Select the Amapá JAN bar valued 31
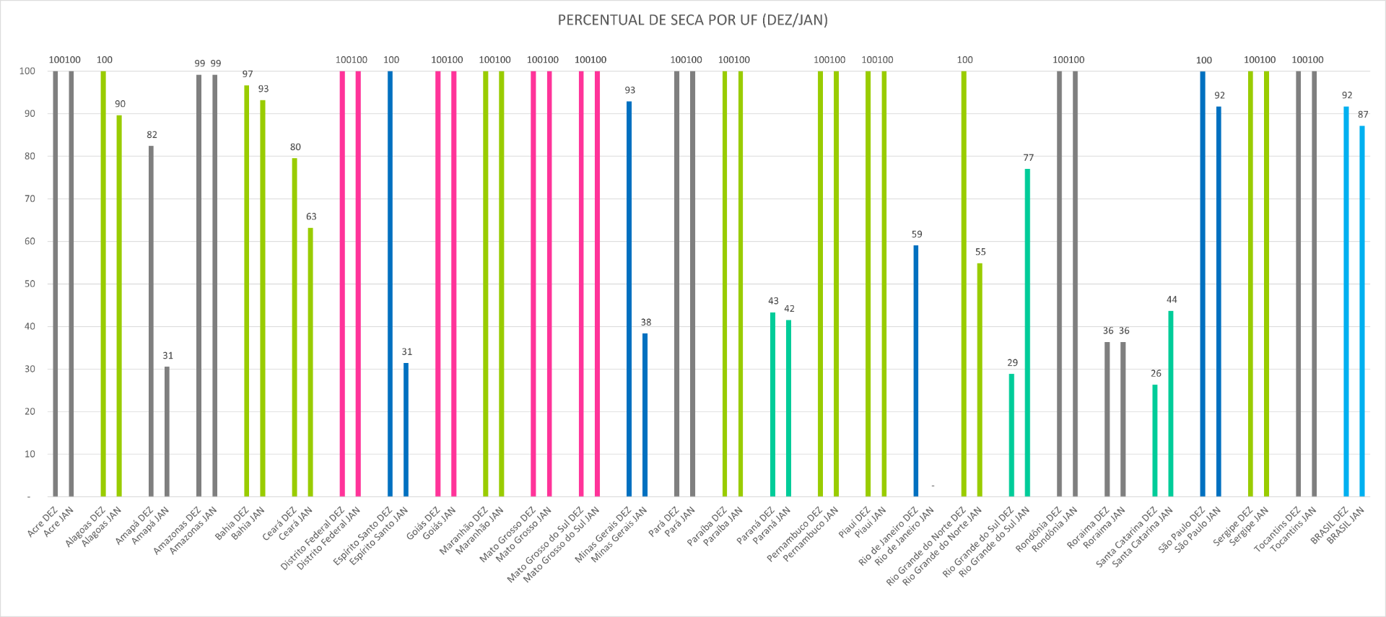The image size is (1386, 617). coord(167,432)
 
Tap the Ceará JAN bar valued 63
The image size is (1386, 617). coord(310,362)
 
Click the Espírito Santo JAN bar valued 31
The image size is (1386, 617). coord(406,429)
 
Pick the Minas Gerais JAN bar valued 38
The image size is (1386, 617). coord(645,415)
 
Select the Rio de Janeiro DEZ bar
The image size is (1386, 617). coord(916,371)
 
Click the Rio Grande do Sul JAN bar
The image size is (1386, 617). coord(1027,333)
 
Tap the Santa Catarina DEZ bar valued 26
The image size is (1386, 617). coord(1155,440)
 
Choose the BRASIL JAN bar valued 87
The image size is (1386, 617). coord(1362,311)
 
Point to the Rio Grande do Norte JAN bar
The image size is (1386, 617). coord(980,380)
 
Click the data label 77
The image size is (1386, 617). coord(1028,157)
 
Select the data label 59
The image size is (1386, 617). coord(917,234)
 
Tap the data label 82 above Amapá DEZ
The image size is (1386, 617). coord(152,135)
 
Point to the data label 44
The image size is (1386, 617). coord(1172,299)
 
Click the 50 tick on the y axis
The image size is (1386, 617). coord(30,284)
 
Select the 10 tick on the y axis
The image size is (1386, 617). coord(30,454)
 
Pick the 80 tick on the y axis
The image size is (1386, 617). coord(30,156)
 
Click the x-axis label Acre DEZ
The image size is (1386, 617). coord(43,521)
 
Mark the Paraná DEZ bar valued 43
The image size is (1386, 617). coord(772,404)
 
